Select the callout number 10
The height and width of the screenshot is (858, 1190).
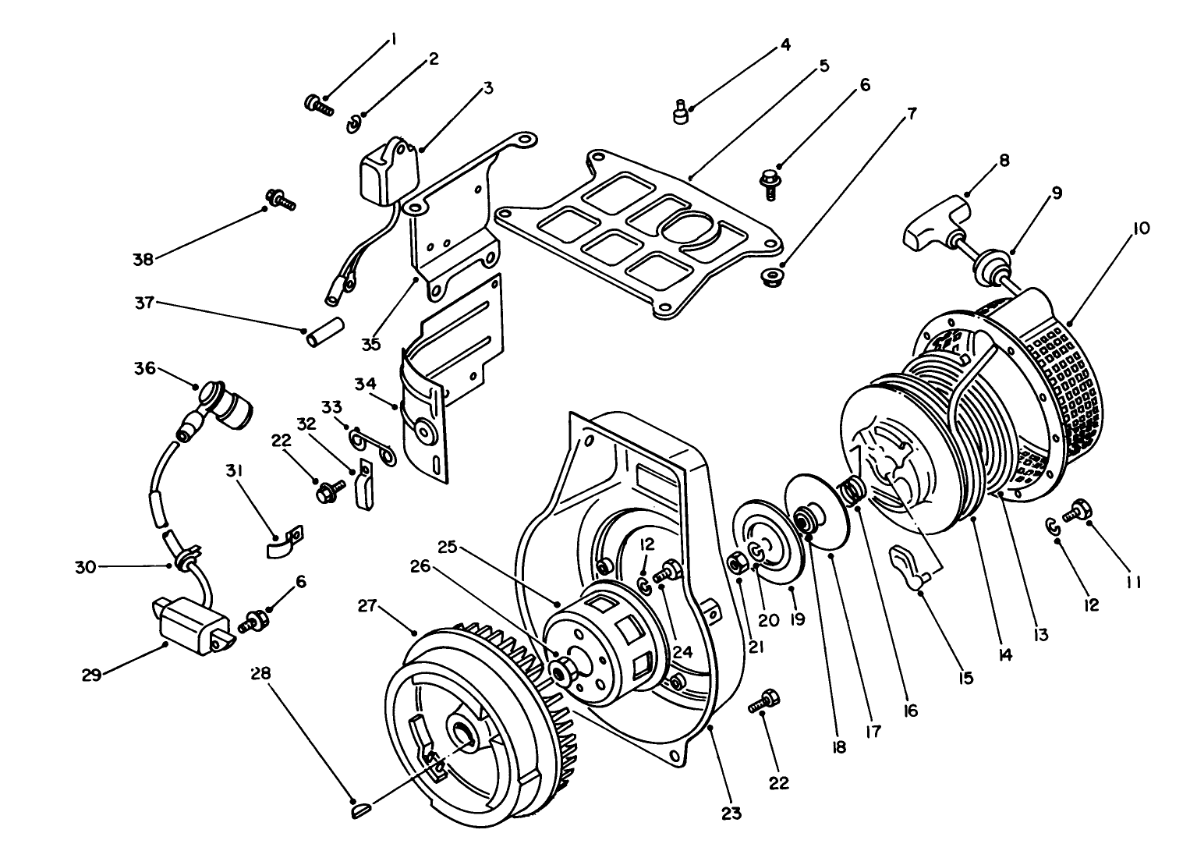[x=1141, y=229]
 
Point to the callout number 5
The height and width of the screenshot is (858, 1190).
[x=823, y=67]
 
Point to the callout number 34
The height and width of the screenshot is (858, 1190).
[x=366, y=385]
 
